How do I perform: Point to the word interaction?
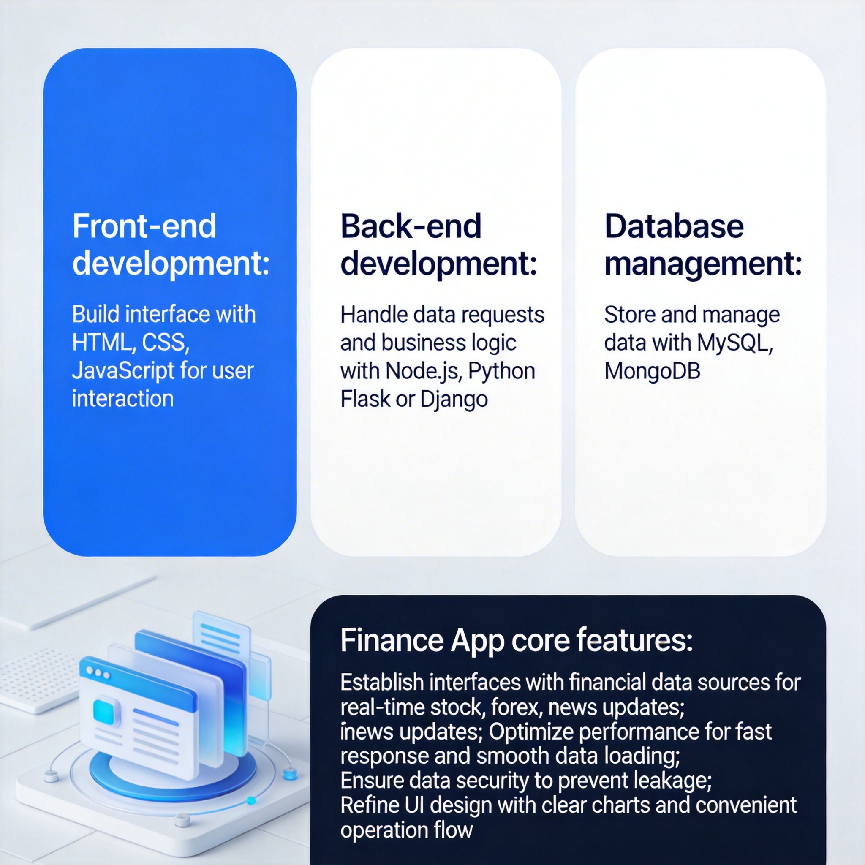click(122, 398)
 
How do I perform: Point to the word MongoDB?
click(652, 371)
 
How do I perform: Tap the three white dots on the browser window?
click(98, 672)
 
